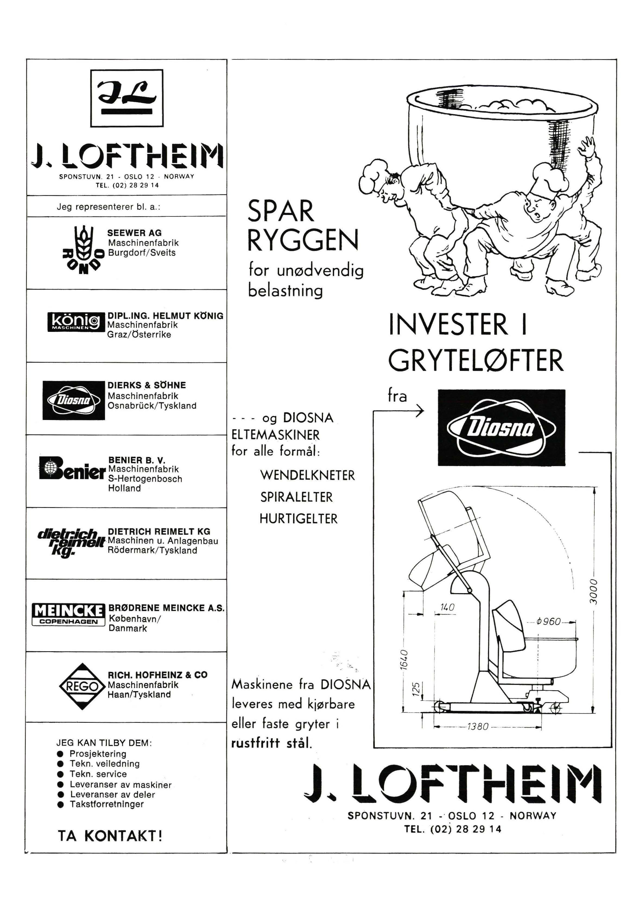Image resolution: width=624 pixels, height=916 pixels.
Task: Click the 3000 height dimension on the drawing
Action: click(x=593, y=591)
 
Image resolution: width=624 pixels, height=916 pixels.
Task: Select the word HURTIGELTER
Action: click(x=298, y=518)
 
